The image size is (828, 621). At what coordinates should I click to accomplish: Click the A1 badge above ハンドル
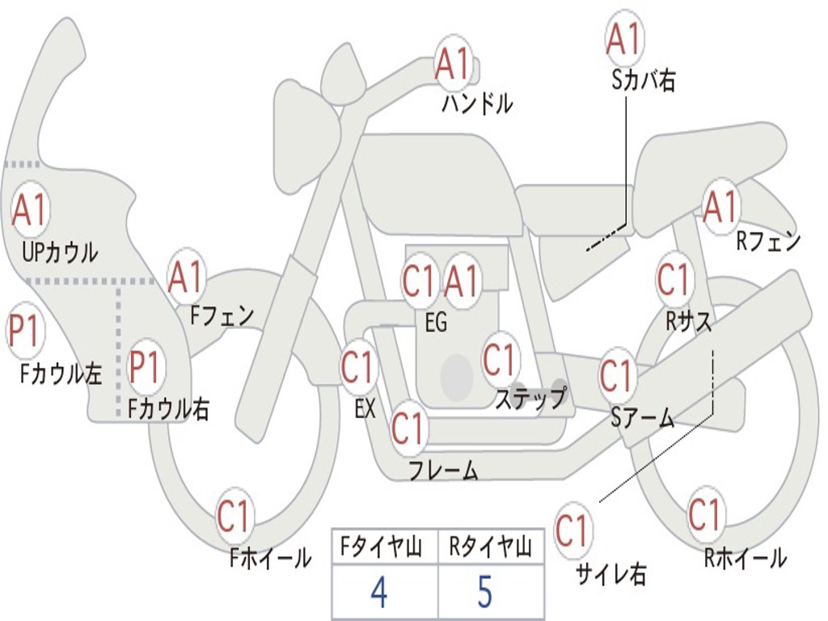pos(453,63)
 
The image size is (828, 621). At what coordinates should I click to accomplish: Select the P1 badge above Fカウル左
pos(24,332)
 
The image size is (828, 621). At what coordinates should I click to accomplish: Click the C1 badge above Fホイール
pos(233,516)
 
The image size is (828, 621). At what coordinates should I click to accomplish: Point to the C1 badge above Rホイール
pos(703,514)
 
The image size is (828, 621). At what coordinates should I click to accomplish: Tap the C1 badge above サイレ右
pos(572,530)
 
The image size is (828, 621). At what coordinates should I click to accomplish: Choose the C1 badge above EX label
pos(357,366)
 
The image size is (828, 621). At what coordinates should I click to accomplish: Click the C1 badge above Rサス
pos(674,279)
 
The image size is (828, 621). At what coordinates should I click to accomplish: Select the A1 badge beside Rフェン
pos(720,208)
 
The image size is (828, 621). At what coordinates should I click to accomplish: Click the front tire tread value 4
pos(379,591)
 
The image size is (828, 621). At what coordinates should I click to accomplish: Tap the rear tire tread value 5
pos(485,591)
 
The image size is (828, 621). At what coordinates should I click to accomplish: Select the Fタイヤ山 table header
pos(381,547)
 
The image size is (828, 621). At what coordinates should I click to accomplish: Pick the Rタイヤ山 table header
pos(490,547)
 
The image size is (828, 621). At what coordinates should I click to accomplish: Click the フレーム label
pos(444,470)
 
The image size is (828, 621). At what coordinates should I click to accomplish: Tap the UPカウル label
pos(60,252)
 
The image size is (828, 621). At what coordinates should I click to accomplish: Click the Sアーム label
pos(643,418)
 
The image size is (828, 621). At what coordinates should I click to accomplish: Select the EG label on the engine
pos(436,322)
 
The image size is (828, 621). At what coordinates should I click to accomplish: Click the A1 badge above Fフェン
pos(185,277)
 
